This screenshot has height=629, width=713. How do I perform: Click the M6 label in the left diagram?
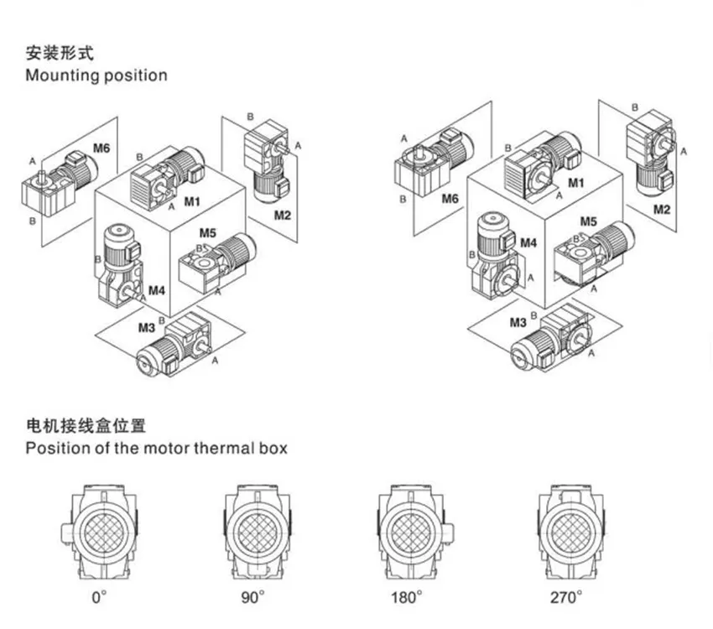click(101, 148)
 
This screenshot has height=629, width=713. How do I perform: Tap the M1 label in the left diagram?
click(192, 201)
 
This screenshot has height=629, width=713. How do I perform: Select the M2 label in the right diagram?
click(662, 209)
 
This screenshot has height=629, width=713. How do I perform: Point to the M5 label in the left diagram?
click(208, 233)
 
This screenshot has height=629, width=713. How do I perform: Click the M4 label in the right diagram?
click(528, 243)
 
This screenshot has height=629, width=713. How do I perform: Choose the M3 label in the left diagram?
click(147, 328)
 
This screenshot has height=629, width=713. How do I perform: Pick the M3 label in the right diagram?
click(518, 323)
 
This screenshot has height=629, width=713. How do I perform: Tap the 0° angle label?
click(99, 596)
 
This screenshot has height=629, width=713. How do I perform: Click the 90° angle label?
click(252, 596)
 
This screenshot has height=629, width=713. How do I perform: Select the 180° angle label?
click(407, 596)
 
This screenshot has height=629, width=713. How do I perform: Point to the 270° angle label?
click(566, 596)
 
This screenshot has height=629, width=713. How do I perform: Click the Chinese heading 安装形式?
click(60, 53)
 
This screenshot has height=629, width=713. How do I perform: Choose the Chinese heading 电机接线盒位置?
click(86, 426)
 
